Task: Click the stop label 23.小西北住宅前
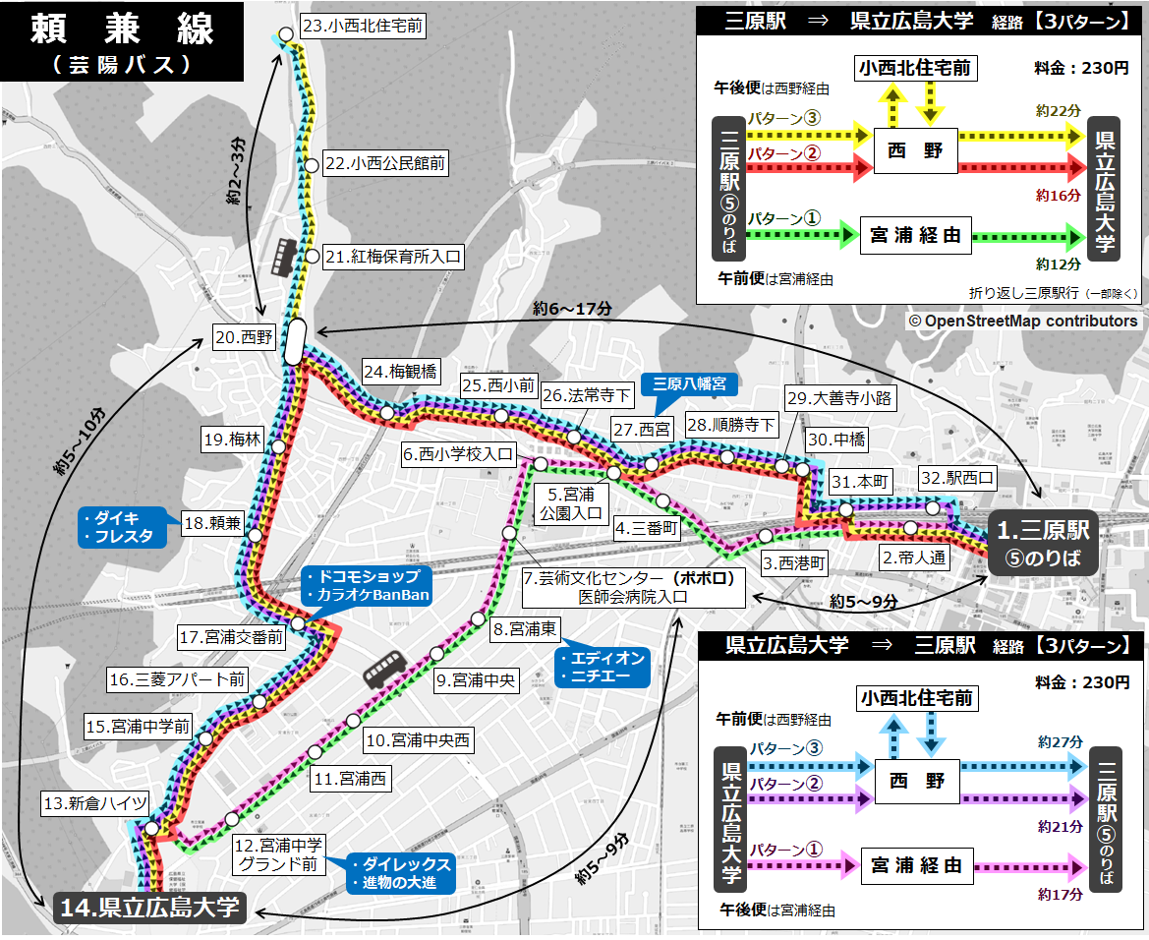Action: click(x=362, y=27)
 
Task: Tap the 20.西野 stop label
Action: click(x=244, y=337)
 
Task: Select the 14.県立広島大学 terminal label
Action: click(x=148, y=907)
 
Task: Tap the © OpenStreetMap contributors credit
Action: click(x=1022, y=321)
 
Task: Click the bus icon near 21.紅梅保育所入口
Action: click(x=285, y=257)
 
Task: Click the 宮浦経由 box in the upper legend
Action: click(x=915, y=235)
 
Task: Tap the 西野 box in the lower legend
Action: click(x=916, y=780)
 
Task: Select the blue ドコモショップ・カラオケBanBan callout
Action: click(x=362, y=586)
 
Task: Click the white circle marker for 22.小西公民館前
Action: click(x=312, y=165)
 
